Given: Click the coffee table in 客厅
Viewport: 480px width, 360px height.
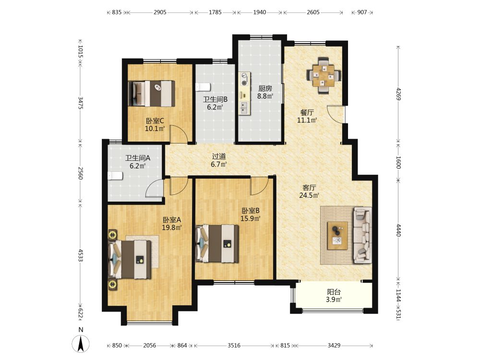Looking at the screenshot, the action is point(337,236).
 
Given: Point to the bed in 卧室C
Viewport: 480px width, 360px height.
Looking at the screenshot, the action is point(152,94).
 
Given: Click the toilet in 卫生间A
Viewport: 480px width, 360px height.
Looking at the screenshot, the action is point(115,176).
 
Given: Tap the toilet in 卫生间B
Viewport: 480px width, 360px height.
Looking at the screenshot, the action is point(203,87).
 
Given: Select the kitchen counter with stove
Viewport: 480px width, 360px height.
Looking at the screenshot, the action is point(244,94).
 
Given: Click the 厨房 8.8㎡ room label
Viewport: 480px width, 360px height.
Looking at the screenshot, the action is point(265,92).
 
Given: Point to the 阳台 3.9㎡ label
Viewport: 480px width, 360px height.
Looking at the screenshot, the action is point(334,296).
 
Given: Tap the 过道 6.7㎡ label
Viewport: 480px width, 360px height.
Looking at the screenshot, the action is point(219,160).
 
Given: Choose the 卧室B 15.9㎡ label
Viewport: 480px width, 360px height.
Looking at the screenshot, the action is point(251,215).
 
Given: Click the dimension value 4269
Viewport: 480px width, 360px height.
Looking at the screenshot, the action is point(398,94).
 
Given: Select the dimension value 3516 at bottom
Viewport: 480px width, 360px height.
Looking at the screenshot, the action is point(234,345).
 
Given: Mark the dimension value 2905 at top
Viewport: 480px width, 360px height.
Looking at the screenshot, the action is point(160,12).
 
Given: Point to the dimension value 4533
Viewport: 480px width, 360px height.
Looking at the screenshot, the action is point(80,255).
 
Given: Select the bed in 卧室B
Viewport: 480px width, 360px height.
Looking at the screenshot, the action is point(217,244).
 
